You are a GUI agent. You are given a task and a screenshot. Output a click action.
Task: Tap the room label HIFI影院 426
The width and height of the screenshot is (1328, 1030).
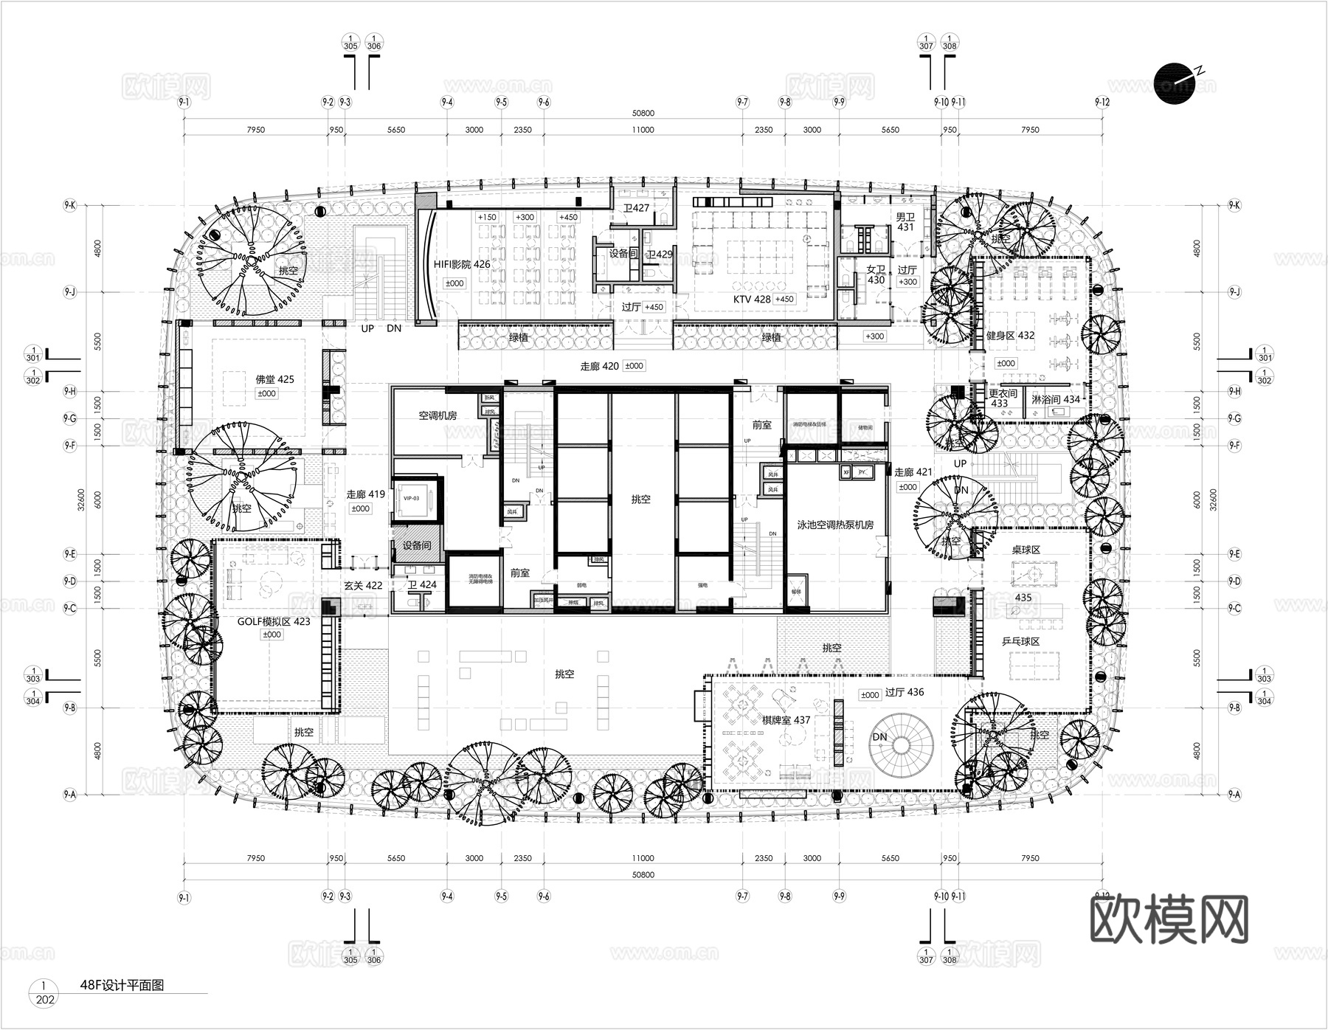(x=461, y=264)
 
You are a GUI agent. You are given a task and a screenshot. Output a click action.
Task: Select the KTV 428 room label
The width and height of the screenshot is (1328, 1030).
(x=752, y=299)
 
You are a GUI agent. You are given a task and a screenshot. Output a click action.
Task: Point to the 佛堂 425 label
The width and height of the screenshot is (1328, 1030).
(x=274, y=379)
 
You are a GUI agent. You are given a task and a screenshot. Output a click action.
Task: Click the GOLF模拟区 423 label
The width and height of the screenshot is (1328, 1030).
(x=273, y=622)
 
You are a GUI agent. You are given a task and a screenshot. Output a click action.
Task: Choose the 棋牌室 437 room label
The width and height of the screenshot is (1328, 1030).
(x=786, y=720)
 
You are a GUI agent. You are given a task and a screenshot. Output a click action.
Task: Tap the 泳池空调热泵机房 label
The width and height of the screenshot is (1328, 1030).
(x=835, y=525)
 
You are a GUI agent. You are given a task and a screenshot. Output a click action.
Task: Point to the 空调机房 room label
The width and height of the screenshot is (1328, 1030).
(x=438, y=415)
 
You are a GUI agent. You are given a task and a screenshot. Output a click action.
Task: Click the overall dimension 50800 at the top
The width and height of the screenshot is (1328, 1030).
(x=643, y=114)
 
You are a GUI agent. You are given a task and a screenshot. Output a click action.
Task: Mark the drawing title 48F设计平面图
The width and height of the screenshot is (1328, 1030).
(x=122, y=985)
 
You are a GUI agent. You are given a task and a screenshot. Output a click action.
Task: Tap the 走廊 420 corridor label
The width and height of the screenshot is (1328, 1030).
(x=599, y=366)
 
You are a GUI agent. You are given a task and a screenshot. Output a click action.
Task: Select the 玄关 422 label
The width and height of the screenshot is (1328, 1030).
(x=363, y=585)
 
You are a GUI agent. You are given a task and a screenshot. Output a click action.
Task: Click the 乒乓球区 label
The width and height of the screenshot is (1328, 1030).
(x=1020, y=642)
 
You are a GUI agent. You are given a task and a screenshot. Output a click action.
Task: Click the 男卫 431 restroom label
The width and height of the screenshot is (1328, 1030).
(x=905, y=222)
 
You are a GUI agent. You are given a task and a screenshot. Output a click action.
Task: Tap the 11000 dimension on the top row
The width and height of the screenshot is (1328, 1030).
(x=643, y=130)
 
